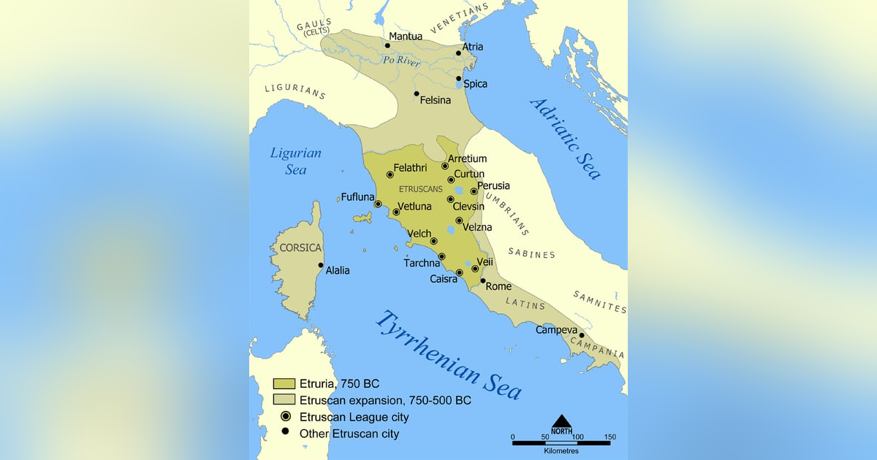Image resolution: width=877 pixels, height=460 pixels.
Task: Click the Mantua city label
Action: pyautogui.click(x=405, y=37)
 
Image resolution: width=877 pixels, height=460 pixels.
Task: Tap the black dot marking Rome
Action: pyautogui.click(x=483, y=280)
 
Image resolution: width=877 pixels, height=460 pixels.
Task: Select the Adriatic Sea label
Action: pyautogui.click(x=566, y=138)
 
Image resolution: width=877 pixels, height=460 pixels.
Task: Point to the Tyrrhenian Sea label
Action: pyautogui.click(x=449, y=355)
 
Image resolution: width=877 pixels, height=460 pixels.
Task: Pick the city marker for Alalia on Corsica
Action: pyautogui.click(x=320, y=265)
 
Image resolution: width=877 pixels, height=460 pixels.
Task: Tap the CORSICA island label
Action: pyautogui.click(x=300, y=248)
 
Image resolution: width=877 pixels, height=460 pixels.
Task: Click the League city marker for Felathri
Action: pyautogui.click(x=390, y=175)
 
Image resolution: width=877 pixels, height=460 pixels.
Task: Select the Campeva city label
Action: pyautogui.click(x=557, y=330)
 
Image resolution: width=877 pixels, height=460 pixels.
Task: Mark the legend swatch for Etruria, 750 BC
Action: pyautogui.click(x=284, y=383)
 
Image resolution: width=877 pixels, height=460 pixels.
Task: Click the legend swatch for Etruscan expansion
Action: pyautogui.click(x=284, y=400)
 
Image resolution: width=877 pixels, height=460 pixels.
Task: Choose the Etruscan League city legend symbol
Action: pyautogui.click(x=286, y=417)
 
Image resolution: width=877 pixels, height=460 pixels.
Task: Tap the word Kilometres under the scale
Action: pyautogui.click(x=561, y=451)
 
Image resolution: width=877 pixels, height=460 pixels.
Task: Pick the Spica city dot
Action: pyautogui.click(x=459, y=79)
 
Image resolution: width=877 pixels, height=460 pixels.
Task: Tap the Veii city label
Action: pyautogui.click(x=485, y=261)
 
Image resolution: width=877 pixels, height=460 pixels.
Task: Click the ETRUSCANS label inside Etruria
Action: pyautogui.click(x=421, y=189)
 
